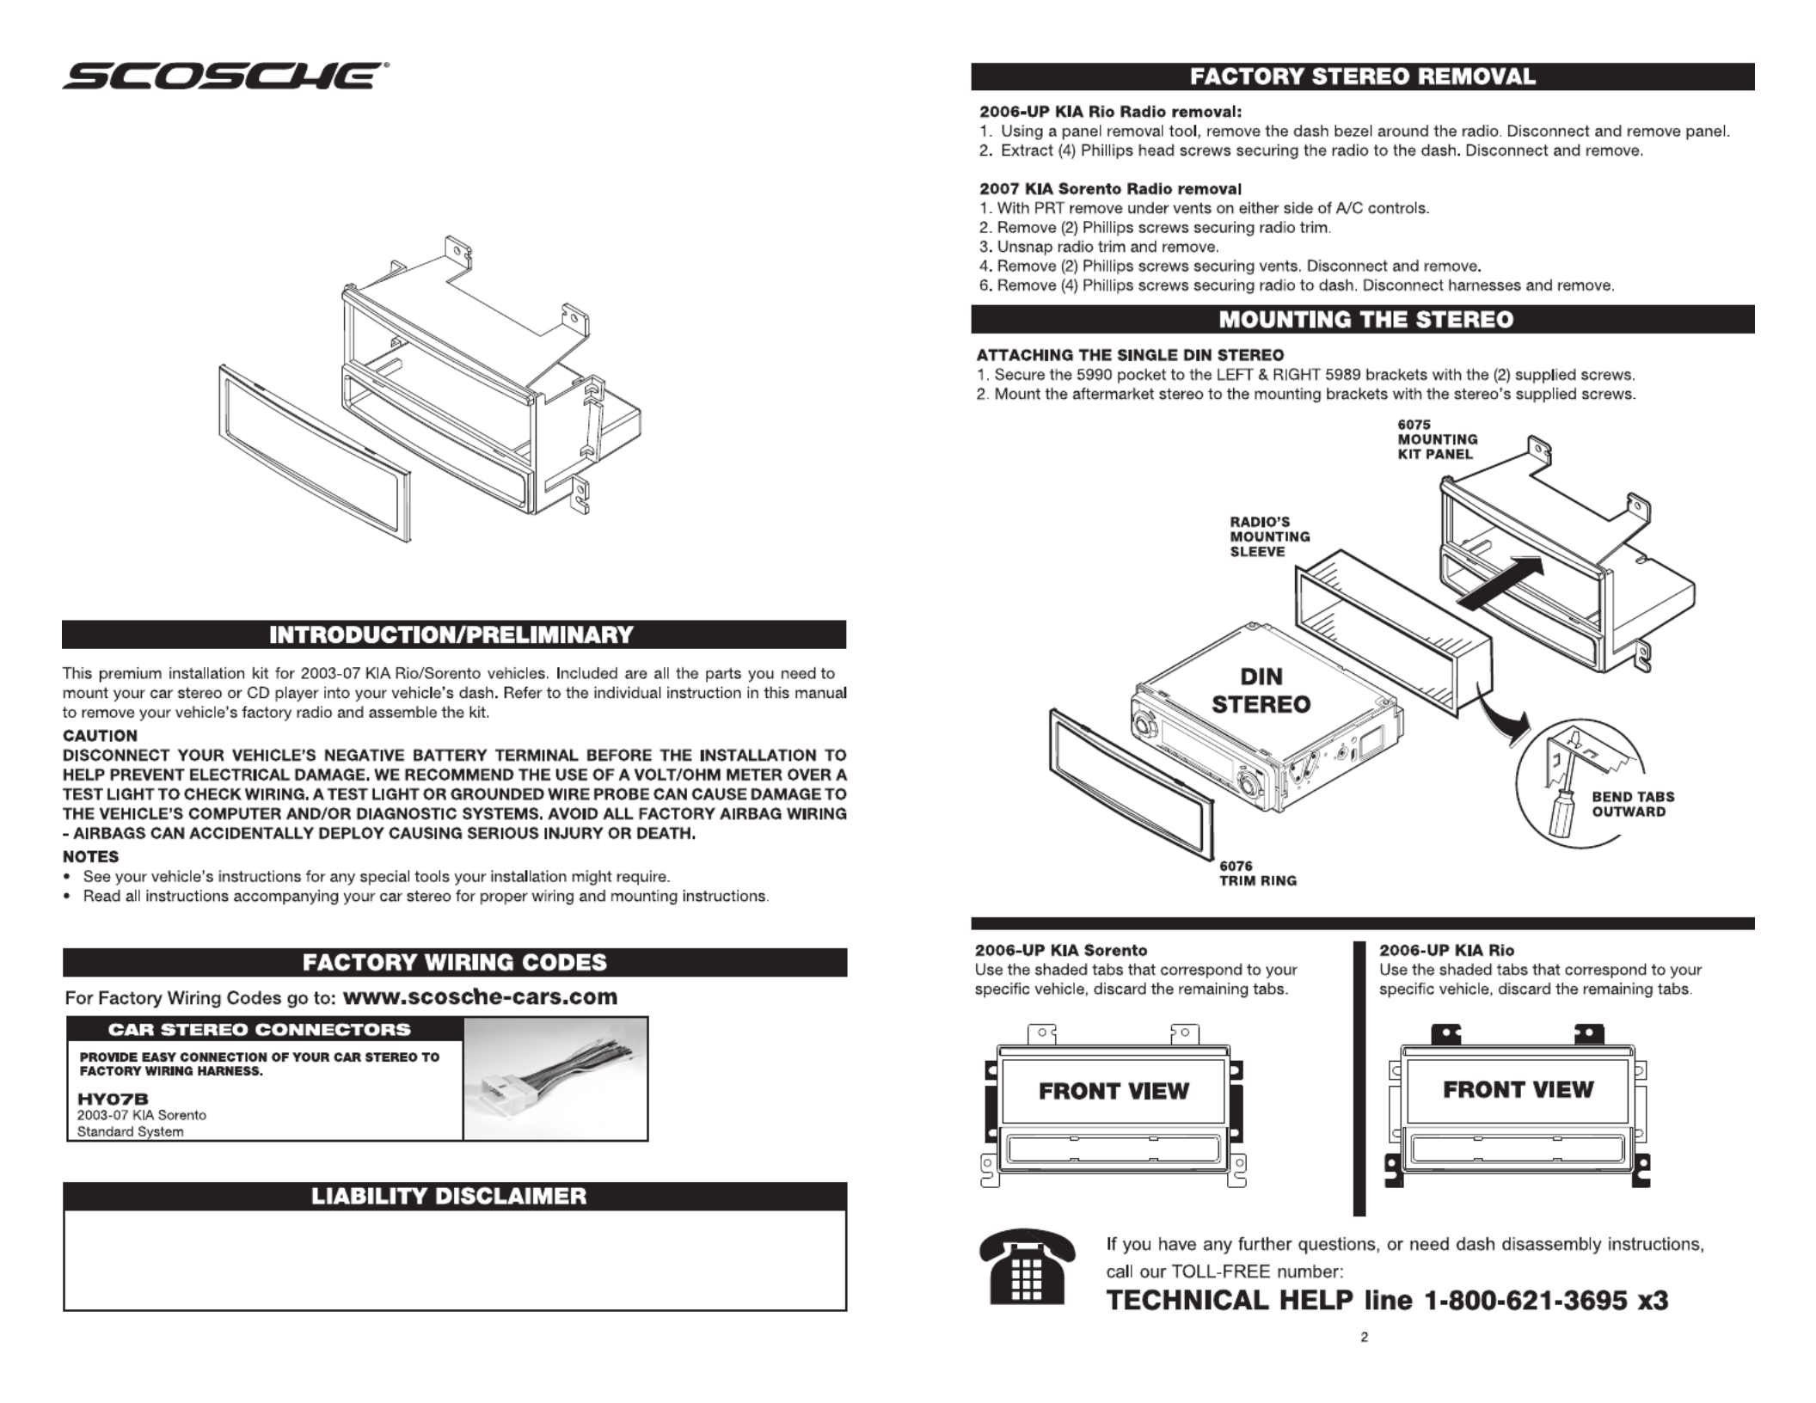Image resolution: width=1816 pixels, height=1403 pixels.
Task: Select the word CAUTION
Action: point(100,736)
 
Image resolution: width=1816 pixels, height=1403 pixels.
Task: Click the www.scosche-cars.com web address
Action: point(480,997)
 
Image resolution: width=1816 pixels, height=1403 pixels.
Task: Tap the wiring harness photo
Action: point(555,1080)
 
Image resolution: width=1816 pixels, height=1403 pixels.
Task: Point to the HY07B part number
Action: point(113,1099)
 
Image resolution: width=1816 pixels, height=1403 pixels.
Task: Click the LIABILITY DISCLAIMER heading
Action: point(449,1197)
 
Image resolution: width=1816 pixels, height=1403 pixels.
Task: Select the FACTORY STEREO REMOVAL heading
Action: point(1363,77)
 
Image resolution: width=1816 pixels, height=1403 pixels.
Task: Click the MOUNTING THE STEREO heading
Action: point(1365,320)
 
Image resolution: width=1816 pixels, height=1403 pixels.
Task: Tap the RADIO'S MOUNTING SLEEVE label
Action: point(1269,536)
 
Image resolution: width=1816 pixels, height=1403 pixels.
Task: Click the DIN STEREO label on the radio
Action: point(1261,690)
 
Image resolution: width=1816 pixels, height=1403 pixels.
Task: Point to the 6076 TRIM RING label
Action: point(1257,873)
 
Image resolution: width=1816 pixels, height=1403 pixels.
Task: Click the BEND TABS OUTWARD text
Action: point(1632,804)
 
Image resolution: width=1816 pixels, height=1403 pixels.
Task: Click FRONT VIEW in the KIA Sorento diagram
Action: point(1114,1091)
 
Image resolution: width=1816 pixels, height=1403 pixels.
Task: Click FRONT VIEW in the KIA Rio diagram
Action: point(1518,1089)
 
